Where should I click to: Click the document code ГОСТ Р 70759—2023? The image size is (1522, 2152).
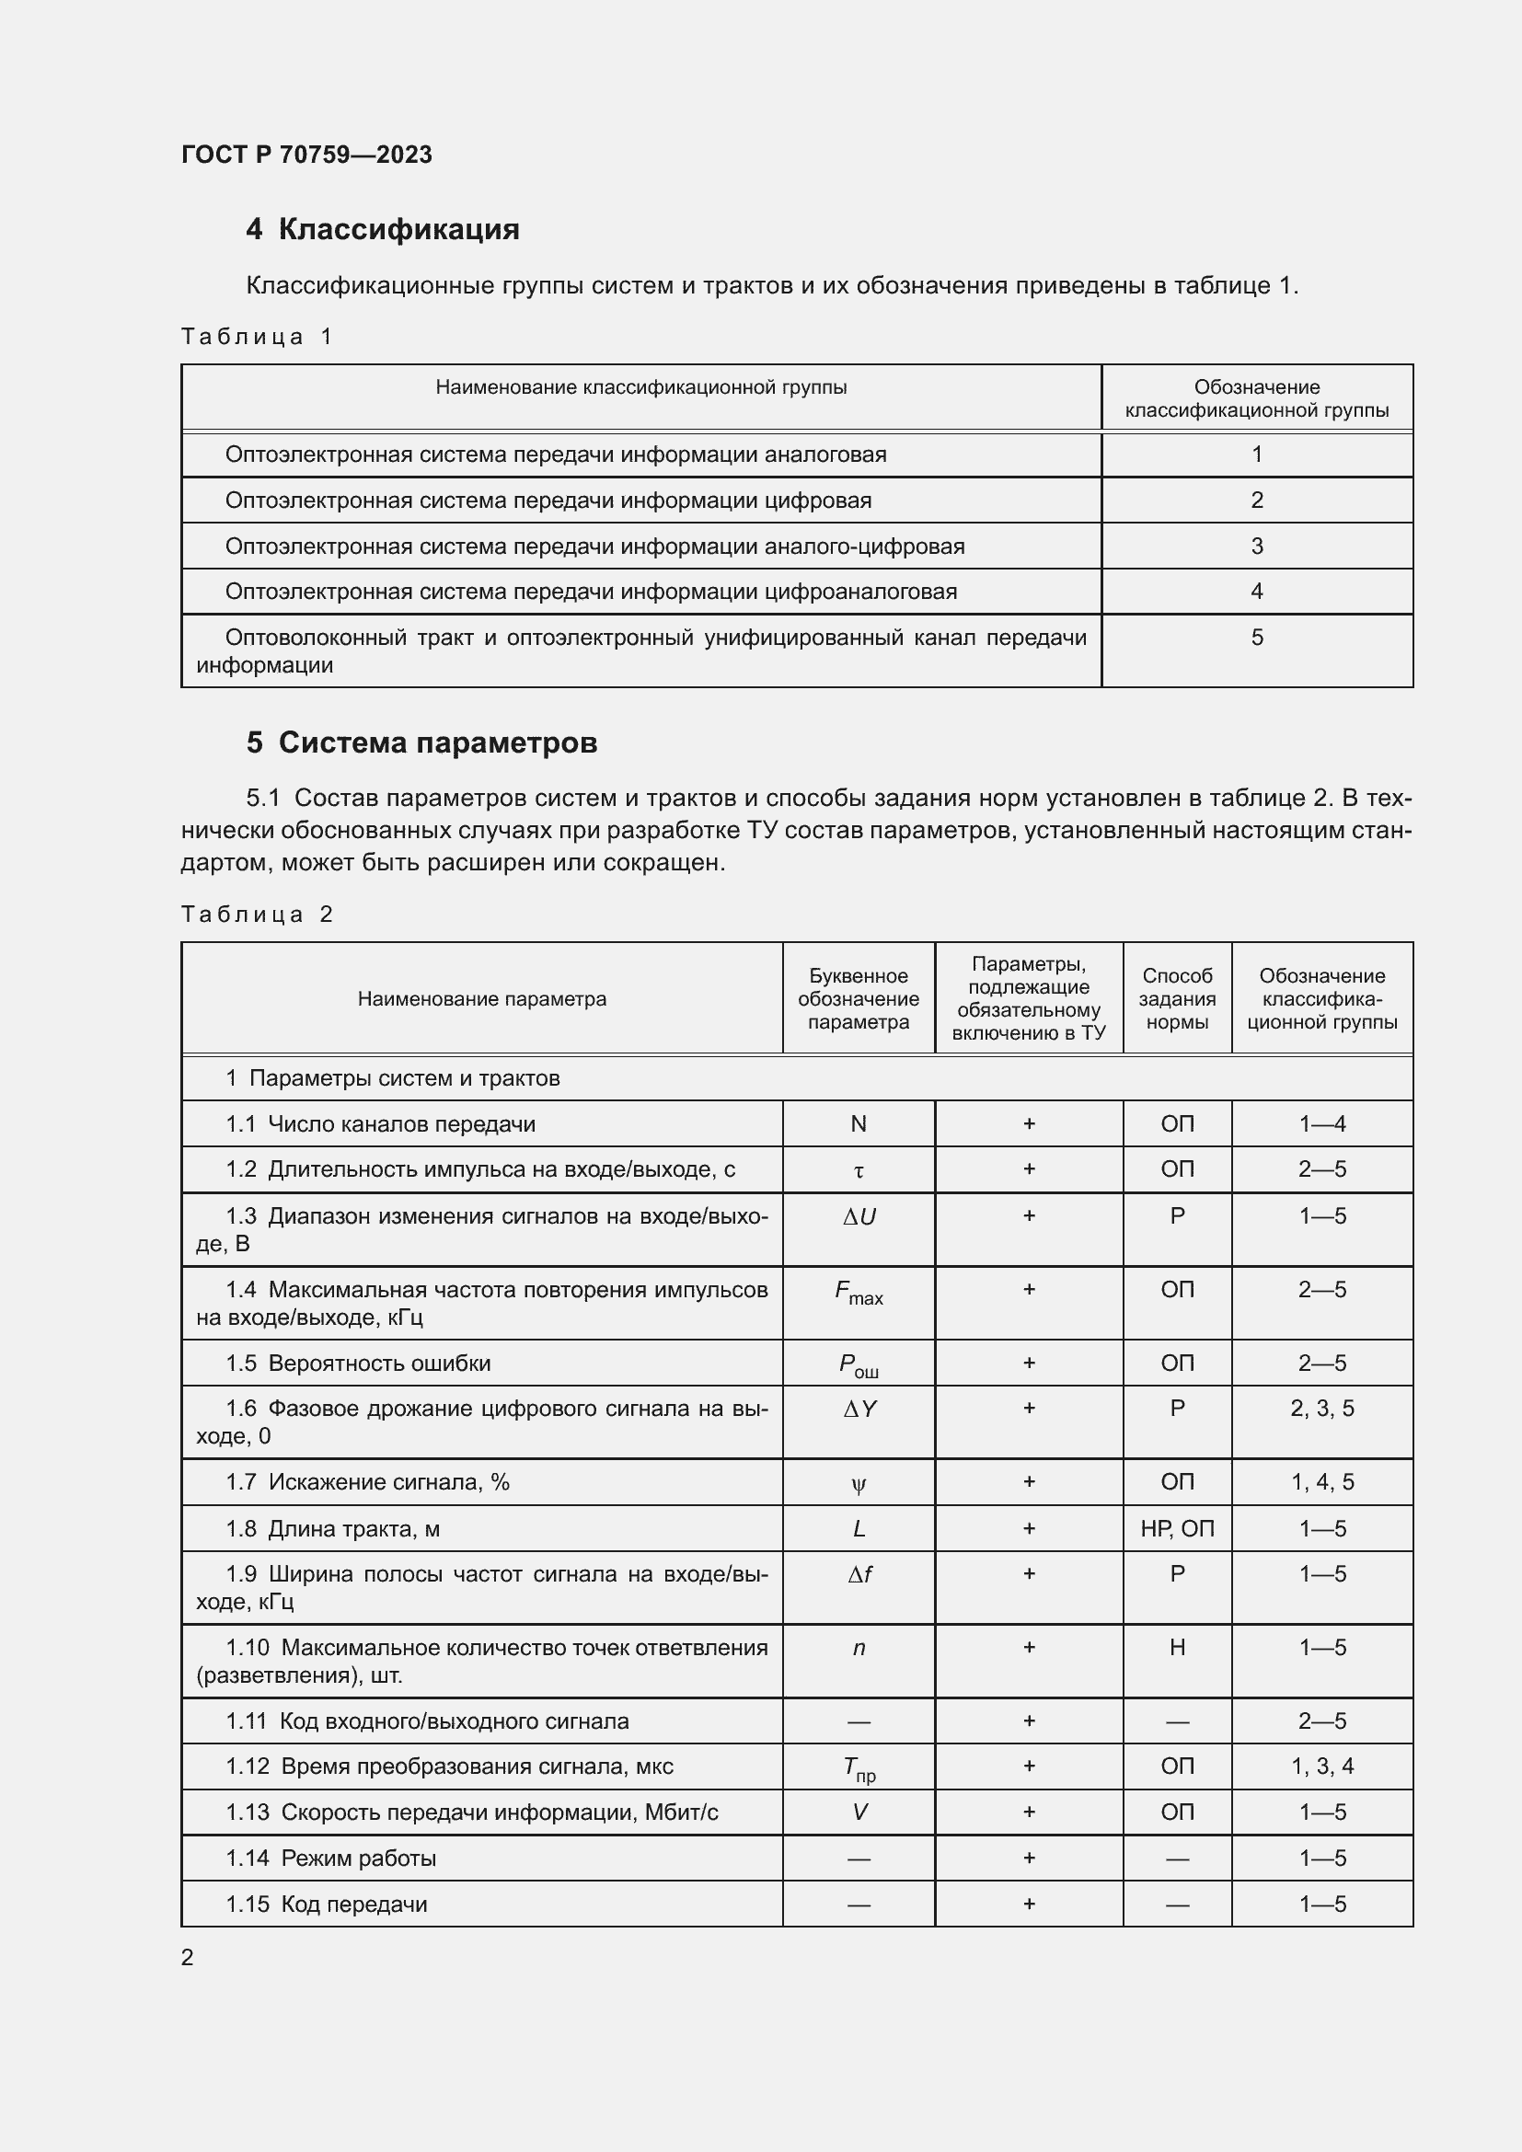tap(306, 155)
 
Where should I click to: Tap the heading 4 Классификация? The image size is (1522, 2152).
tap(383, 230)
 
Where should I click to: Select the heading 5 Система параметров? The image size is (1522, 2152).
tap(421, 742)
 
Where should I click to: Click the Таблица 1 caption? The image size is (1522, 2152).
tap(257, 337)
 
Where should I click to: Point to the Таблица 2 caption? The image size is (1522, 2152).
tap(257, 914)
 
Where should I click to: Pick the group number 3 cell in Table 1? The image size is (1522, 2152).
tap(1256, 546)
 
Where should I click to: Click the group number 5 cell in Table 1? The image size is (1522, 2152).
tap(1256, 638)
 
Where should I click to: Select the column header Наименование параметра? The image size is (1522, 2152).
tap(481, 999)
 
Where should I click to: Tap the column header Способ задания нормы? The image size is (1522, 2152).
tap(1176, 999)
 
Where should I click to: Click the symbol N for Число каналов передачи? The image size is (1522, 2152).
tap(858, 1123)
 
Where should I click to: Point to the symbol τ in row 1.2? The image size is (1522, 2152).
tap(858, 1170)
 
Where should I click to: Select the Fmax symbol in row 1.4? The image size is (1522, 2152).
tap(858, 1293)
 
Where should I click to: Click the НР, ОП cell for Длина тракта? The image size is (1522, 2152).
tap(1176, 1529)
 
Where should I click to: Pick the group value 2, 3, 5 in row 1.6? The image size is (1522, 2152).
tap(1321, 1409)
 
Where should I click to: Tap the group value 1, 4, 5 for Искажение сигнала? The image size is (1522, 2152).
tap(1321, 1482)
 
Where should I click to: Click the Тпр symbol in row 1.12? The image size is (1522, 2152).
tap(858, 1768)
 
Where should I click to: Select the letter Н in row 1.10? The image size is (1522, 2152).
tap(1176, 1648)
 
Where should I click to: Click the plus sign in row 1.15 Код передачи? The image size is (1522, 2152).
tap(1028, 1904)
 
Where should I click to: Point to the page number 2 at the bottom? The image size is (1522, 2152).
tap(188, 1957)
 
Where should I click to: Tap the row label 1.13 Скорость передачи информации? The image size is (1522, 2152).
tap(471, 1813)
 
